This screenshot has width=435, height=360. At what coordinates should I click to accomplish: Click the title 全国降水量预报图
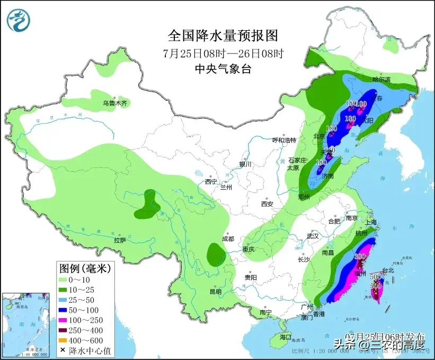[223, 36]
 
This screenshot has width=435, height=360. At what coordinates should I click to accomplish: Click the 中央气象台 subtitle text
[223, 68]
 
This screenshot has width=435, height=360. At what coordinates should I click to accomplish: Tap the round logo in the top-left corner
[19, 20]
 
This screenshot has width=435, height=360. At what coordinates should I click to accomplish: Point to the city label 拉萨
[120, 240]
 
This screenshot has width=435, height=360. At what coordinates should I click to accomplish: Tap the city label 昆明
[216, 291]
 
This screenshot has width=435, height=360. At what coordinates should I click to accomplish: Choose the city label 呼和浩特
[283, 140]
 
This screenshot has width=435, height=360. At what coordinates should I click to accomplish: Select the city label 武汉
[313, 235]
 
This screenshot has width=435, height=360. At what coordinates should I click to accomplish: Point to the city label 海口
[286, 337]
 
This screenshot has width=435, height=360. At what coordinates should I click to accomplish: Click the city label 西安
[267, 204]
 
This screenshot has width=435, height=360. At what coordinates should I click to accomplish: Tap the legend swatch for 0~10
[67, 280]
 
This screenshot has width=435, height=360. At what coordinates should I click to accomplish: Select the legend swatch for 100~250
[67, 320]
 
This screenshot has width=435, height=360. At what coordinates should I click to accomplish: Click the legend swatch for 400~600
[67, 340]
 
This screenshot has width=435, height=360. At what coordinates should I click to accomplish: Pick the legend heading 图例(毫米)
[85, 269]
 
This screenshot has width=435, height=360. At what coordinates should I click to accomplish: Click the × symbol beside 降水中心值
[64, 350]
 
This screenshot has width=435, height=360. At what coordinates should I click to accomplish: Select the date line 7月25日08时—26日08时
[223, 53]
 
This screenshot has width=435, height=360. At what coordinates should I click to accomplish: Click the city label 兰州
[226, 187]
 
